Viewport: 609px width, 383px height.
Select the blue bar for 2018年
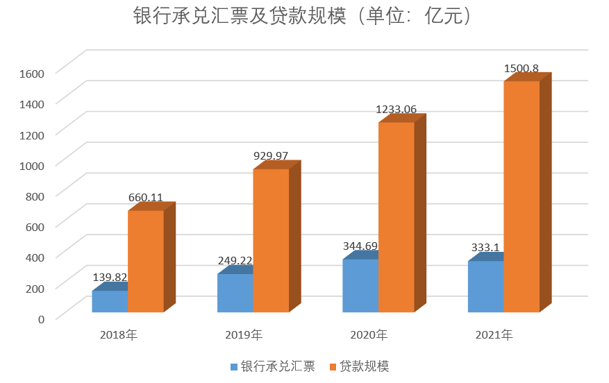click(110, 302)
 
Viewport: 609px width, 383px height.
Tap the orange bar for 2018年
click(146, 261)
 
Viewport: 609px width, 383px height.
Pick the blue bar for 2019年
click(235, 293)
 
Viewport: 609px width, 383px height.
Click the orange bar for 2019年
click(271, 240)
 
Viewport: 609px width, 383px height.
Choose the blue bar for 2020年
click(360, 286)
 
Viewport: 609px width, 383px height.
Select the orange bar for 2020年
click(396, 216)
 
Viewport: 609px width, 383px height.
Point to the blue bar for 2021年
click(485, 287)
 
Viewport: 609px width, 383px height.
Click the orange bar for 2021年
click(522, 196)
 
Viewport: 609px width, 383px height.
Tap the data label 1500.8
click(522, 68)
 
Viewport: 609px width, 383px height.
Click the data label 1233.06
click(397, 109)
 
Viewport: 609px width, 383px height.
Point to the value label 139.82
click(110, 277)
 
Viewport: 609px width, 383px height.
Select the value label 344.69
click(360, 246)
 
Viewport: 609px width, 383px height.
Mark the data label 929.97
click(271, 155)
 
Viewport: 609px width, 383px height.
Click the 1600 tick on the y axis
click(31, 72)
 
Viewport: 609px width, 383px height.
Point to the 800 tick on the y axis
click(35, 195)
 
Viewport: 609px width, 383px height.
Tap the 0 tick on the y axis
click(41, 318)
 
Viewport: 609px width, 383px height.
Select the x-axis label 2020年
click(369, 335)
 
